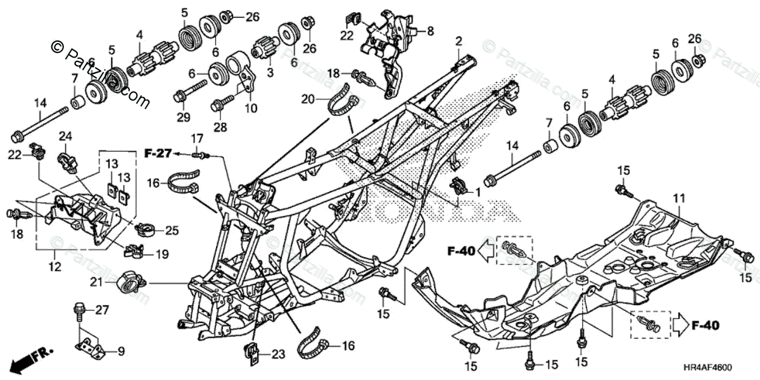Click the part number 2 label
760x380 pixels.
(458, 41)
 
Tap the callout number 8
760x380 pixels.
(430, 30)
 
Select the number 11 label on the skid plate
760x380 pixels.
(678, 199)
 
